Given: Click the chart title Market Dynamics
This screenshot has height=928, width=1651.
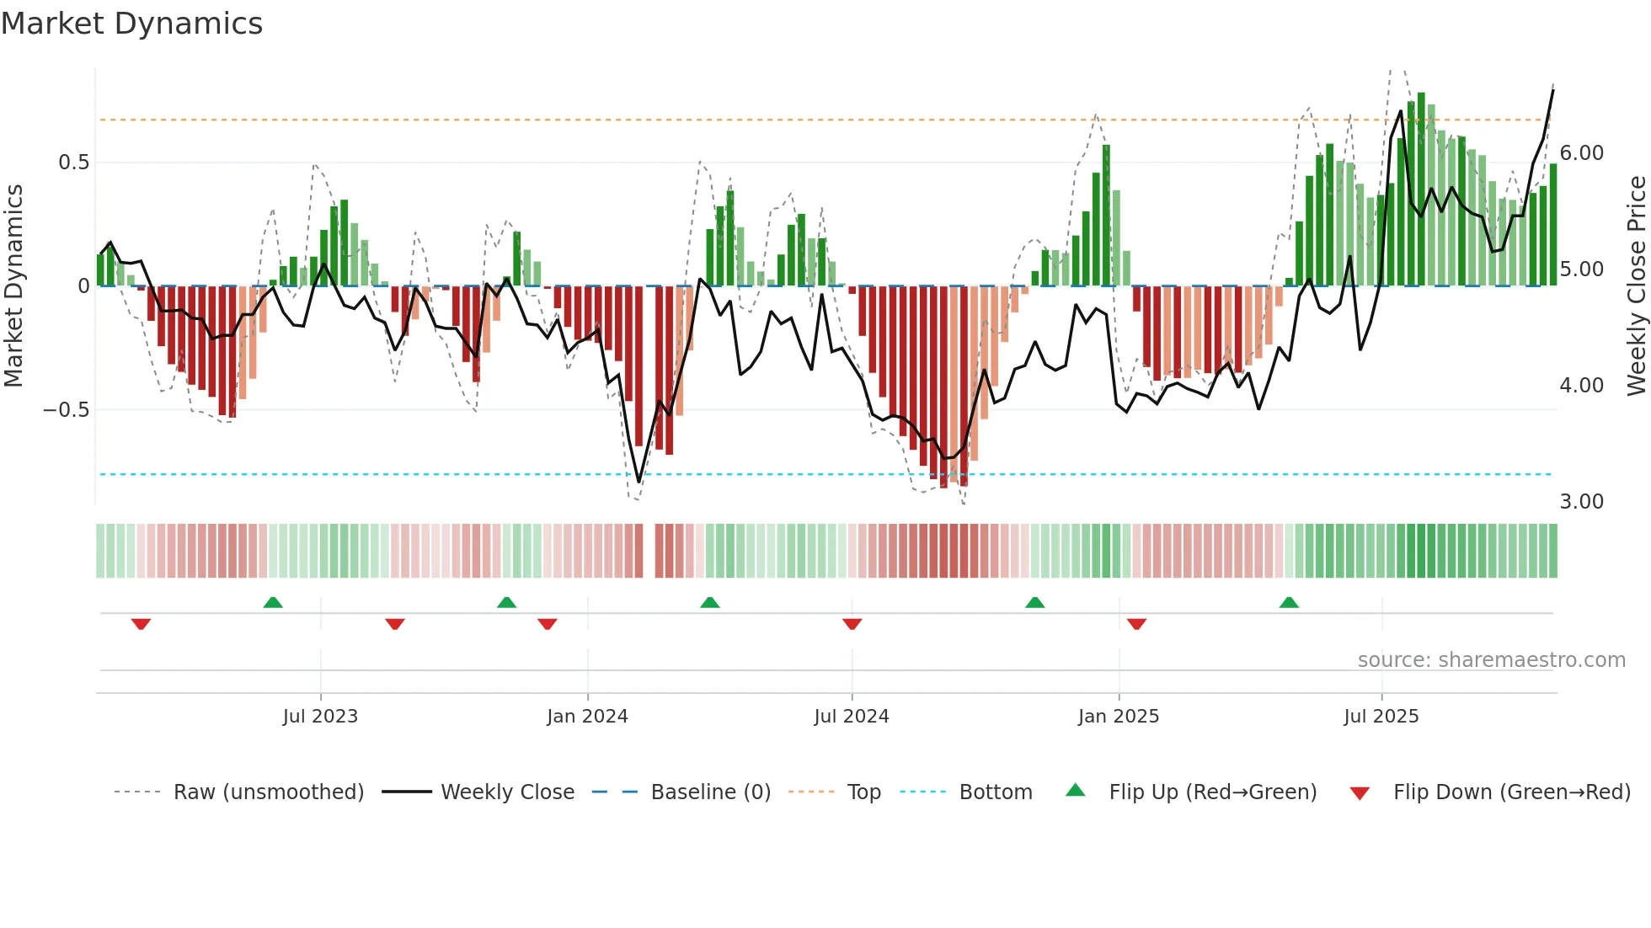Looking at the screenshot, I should click(x=131, y=24).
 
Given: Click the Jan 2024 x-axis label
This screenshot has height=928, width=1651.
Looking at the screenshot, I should click(x=587, y=717).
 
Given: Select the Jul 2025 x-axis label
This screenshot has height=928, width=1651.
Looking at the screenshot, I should click(x=1381, y=717).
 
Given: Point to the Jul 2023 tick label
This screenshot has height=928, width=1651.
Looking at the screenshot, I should click(x=320, y=717).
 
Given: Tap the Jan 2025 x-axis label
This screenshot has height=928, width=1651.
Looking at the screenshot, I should click(x=1118, y=717).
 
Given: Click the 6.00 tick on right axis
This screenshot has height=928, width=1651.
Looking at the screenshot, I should click(x=1581, y=153).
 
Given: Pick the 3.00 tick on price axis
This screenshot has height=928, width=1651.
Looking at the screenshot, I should click(x=1581, y=502).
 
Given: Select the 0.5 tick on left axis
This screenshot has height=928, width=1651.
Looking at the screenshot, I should click(x=73, y=163).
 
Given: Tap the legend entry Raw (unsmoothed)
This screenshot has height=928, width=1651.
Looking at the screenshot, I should click(x=268, y=792).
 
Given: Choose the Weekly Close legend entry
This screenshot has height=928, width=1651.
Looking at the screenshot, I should click(x=507, y=792).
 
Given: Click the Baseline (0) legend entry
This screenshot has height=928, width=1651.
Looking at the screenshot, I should click(x=710, y=792).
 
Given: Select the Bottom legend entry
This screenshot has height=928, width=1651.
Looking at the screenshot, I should click(x=995, y=792).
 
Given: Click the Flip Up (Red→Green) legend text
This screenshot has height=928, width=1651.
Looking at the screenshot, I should click(x=1212, y=792).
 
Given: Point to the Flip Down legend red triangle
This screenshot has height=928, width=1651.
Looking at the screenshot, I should click(x=1360, y=793).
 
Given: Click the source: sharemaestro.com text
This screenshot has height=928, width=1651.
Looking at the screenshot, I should click(x=1491, y=660).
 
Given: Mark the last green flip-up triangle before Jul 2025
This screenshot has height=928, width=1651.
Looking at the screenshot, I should click(x=1289, y=602).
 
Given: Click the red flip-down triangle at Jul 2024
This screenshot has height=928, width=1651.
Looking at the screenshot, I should click(x=852, y=624).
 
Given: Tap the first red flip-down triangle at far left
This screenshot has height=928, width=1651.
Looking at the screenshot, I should click(x=141, y=624).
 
